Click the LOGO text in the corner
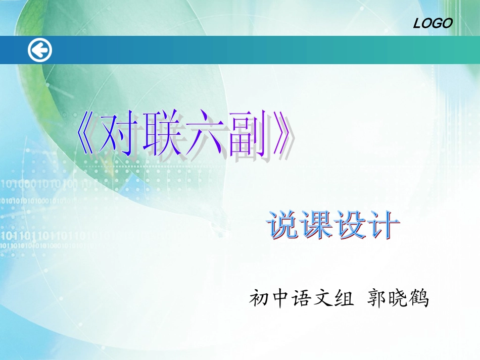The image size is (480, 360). pyautogui.click(x=433, y=23)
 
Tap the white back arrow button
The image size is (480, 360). pyautogui.click(x=39, y=50)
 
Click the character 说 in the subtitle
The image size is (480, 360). pyautogui.click(x=284, y=225)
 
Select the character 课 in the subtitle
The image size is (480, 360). pyautogui.click(x=317, y=225)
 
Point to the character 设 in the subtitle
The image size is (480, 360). pyautogui.click(x=350, y=225)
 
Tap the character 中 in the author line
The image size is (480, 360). pyautogui.click(x=280, y=299)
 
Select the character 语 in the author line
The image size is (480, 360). pyautogui.click(x=301, y=299)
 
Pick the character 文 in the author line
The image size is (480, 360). pyautogui.click(x=322, y=299)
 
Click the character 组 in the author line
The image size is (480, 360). pyautogui.click(x=344, y=299)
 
